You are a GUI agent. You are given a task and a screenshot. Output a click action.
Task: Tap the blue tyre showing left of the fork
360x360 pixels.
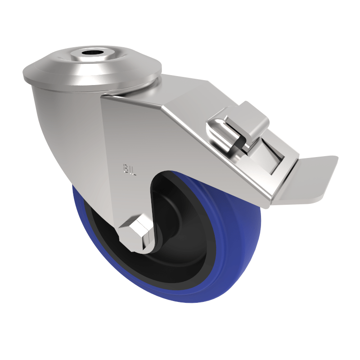click(x=83, y=211)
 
